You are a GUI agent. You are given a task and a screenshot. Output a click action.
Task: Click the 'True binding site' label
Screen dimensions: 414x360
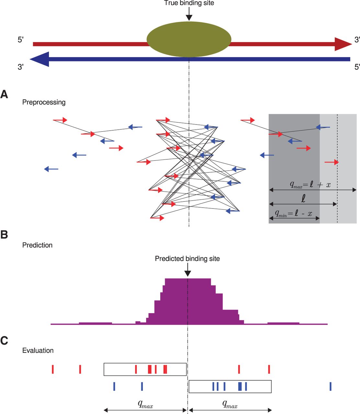[189, 3]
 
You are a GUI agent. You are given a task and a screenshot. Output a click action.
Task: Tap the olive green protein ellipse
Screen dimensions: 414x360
[189, 39]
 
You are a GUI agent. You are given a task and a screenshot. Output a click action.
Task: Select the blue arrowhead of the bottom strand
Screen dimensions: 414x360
[39, 59]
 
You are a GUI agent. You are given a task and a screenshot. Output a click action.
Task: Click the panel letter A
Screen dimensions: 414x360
[4, 94]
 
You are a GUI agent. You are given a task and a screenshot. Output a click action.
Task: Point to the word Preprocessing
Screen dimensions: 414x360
[44, 102]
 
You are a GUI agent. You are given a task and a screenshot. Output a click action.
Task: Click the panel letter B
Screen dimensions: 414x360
[4, 234]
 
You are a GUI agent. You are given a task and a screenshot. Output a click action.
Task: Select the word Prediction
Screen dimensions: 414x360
[37, 245]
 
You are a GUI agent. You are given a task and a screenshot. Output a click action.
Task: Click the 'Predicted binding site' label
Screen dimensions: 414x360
[187, 259]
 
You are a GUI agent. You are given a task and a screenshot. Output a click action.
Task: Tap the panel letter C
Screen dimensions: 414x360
[4, 341]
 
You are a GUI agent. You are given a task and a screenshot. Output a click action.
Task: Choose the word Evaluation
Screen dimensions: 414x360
[38, 351]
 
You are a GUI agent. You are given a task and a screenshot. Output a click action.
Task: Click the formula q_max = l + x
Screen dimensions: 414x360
[310, 185]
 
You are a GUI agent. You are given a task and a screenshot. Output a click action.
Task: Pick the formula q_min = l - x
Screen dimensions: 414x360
[293, 213]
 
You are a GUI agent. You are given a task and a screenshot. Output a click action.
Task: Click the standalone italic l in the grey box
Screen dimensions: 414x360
[303, 198]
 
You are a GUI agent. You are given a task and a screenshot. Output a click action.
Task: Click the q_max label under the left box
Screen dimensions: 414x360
[145, 404]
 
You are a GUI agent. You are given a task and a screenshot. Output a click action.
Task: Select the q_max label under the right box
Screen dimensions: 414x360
[230, 404]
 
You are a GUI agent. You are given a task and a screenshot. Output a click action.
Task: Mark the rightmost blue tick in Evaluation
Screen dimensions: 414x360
[331, 386]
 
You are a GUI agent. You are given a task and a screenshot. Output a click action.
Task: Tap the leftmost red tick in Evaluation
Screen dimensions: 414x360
[53, 369]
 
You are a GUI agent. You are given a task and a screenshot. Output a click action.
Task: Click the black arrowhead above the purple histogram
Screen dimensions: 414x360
[187, 274]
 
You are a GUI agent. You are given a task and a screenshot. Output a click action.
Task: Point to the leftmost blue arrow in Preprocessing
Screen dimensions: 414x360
[51, 169]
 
